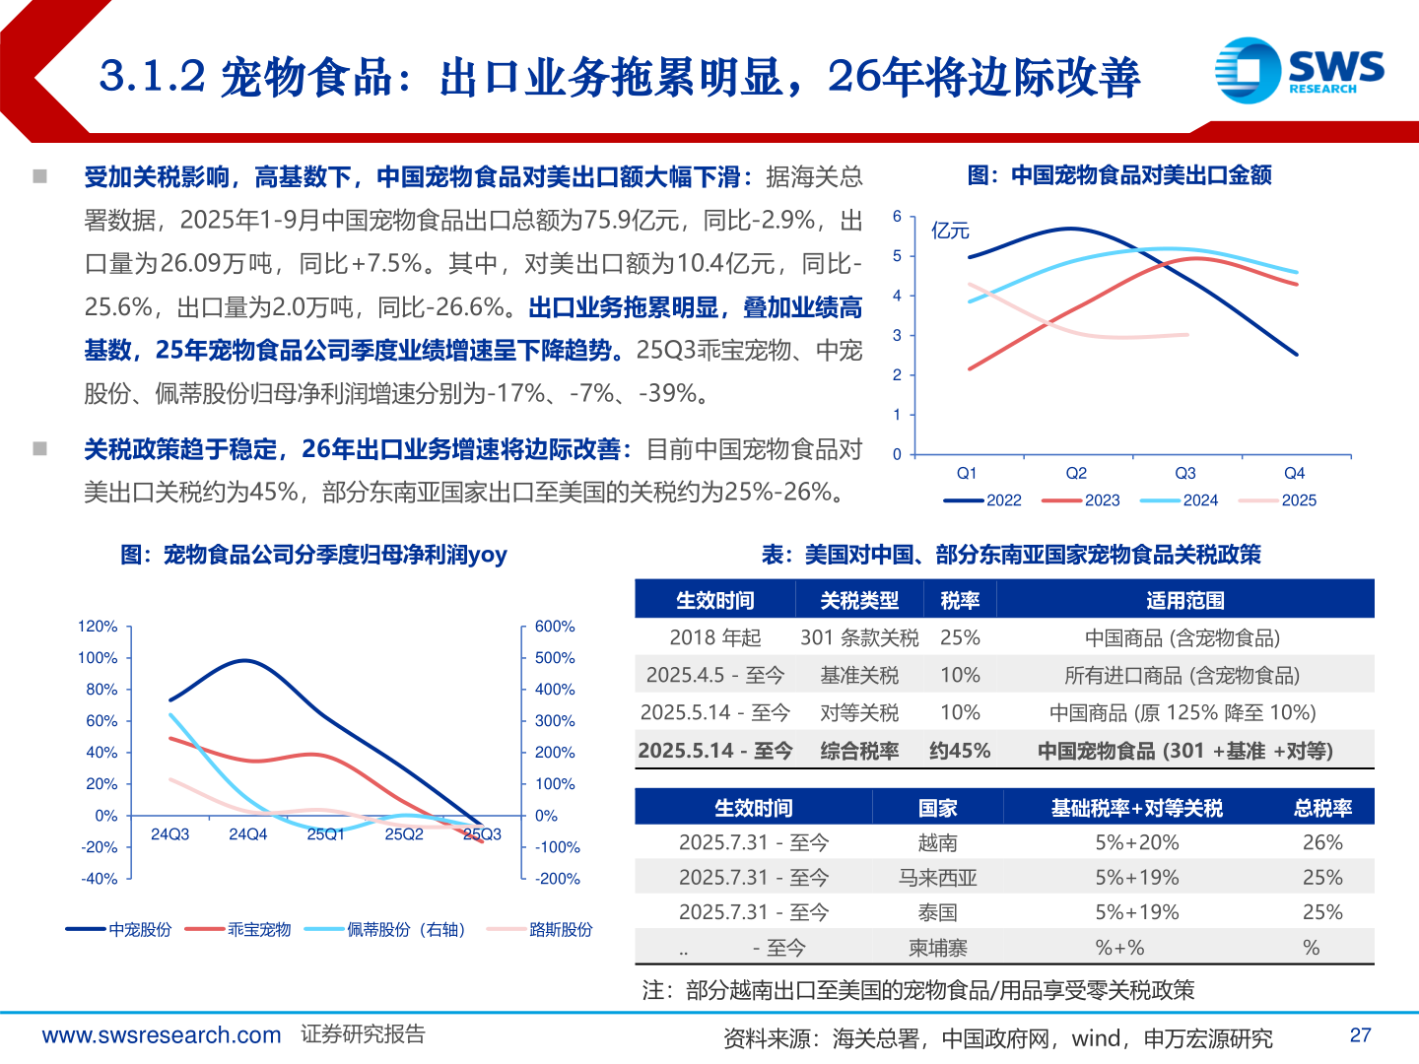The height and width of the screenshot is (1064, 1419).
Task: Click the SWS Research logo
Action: [x=1299, y=70]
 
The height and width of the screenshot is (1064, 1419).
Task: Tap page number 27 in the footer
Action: [x=1360, y=1035]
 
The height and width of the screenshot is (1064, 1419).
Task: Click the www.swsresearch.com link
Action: [x=161, y=1035]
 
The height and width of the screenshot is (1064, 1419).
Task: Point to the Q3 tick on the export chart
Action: [x=1184, y=474]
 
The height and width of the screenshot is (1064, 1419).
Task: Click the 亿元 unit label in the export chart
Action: [x=950, y=231]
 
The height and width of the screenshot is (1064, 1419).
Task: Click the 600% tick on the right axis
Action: [x=555, y=627]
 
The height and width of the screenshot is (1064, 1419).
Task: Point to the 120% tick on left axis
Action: [x=98, y=627]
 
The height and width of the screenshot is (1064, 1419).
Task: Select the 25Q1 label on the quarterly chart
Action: [x=325, y=834]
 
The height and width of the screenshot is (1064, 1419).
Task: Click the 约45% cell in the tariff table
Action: [x=960, y=751]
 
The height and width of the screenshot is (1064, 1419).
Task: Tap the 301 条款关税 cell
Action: [x=859, y=637]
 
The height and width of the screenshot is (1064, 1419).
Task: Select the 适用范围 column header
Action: [x=1184, y=600]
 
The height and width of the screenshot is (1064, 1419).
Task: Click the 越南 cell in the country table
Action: [x=937, y=842]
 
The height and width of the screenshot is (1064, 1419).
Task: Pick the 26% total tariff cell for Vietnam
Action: [x=1321, y=842]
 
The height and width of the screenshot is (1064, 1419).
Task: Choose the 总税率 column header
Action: [x=1321, y=808]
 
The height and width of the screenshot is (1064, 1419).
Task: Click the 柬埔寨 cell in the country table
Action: [x=937, y=948]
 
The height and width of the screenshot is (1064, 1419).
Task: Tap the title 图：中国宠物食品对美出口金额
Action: [x=1119, y=175]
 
